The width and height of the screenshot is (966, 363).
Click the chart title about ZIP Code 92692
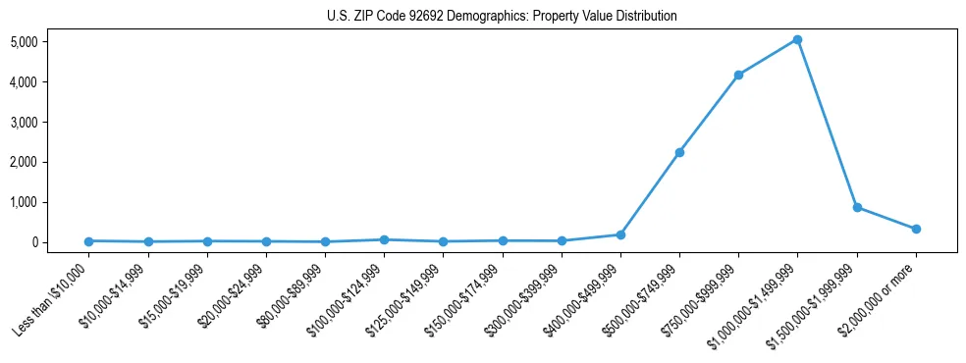502,17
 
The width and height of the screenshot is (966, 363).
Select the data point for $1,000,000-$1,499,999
797,40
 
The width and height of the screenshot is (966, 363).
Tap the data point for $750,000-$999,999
738,75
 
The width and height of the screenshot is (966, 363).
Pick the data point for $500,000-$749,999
679,153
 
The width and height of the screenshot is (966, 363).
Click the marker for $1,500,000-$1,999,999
857,207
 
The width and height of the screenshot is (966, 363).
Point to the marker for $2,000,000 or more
916,229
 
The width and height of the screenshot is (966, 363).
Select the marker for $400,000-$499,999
620,234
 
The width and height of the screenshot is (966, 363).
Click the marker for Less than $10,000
88,241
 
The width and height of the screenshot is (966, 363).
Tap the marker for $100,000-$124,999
384,239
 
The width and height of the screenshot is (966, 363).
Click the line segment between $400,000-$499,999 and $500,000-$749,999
650,194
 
